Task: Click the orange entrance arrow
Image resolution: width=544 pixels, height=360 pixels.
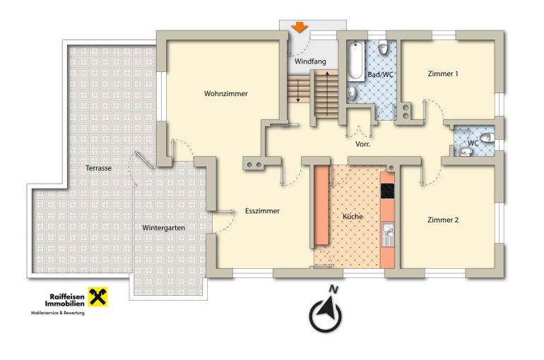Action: (x=299, y=27)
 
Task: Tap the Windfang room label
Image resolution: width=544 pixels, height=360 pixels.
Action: (x=310, y=61)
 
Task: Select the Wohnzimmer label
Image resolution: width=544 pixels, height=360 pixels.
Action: (x=226, y=94)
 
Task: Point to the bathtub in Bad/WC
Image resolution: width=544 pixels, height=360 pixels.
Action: (x=355, y=61)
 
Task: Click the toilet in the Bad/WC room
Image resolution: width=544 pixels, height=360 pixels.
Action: (x=383, y=47)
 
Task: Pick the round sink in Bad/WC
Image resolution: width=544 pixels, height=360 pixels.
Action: (x=352, y=92)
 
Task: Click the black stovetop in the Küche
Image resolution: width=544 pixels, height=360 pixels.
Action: (x=388, y=191)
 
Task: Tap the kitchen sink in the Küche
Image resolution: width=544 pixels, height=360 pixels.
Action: (x=388, y=234)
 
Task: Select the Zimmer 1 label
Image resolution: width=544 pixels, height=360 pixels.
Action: (x=443, y=74)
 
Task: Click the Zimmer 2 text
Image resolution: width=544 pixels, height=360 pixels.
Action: (x=443, y=220)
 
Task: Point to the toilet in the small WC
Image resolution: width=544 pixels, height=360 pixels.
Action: (x=487, y=138)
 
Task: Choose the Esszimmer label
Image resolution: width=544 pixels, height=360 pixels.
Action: (x=262, y=211)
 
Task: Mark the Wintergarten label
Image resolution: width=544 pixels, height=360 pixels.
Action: (x=163, y=228)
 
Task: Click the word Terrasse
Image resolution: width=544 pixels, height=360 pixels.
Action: (x=98, y=169)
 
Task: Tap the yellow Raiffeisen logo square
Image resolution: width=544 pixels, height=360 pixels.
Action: (x=97, y=297)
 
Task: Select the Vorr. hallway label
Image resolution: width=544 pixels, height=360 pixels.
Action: (x=363, y=144)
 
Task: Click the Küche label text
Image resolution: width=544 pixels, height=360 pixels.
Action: (x=353, y=217)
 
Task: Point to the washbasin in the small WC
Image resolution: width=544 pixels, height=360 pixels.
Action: (x=464, y=151)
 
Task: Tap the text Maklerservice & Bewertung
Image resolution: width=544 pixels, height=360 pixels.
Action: (x=58, y=313)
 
